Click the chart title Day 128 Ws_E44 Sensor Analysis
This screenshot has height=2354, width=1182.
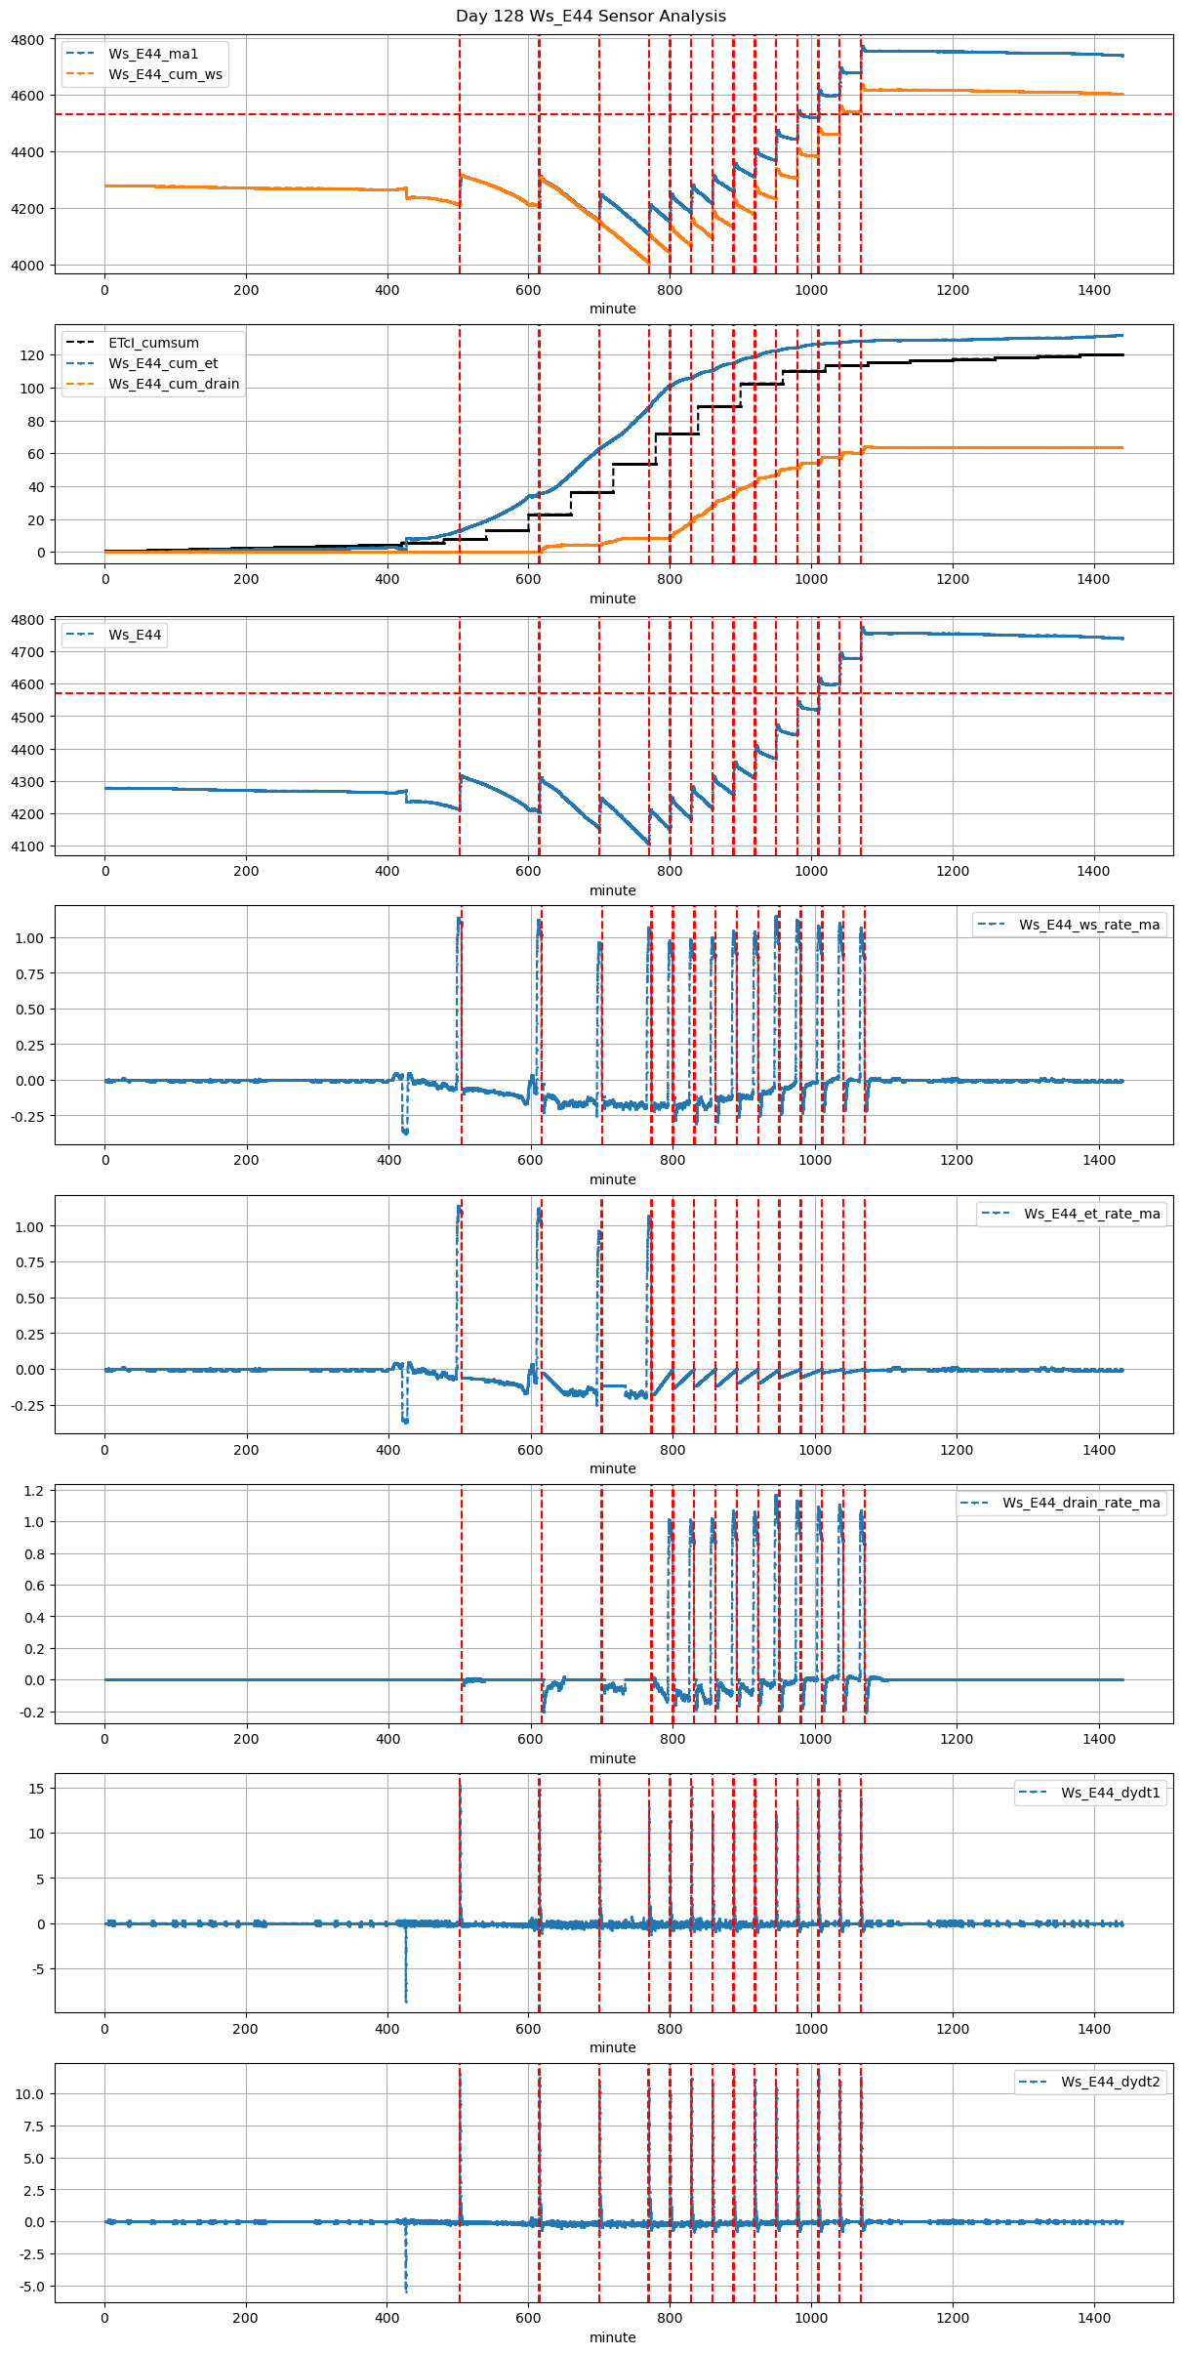591,16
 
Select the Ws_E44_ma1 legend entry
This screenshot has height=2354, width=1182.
153,54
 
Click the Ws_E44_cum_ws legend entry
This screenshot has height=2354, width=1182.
165,74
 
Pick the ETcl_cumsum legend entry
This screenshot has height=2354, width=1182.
153,343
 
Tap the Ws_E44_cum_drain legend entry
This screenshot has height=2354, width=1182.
174,384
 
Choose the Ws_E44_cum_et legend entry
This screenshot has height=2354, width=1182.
163,363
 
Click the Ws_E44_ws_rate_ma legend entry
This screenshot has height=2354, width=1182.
1089,925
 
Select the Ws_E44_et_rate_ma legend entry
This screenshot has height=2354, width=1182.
1091,1214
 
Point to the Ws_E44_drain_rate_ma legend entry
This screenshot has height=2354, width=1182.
1081,1503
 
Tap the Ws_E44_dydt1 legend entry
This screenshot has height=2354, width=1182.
1111,1793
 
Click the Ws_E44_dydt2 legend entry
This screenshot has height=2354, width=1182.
1111,2082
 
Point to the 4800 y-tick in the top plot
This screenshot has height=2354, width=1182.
27,40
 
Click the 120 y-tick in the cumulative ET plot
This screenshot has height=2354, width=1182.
32,355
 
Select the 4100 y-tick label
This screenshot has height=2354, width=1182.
27,847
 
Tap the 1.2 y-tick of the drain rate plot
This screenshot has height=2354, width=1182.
34,1490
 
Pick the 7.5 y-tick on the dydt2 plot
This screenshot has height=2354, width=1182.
34,2126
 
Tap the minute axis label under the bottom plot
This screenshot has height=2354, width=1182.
612,2337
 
